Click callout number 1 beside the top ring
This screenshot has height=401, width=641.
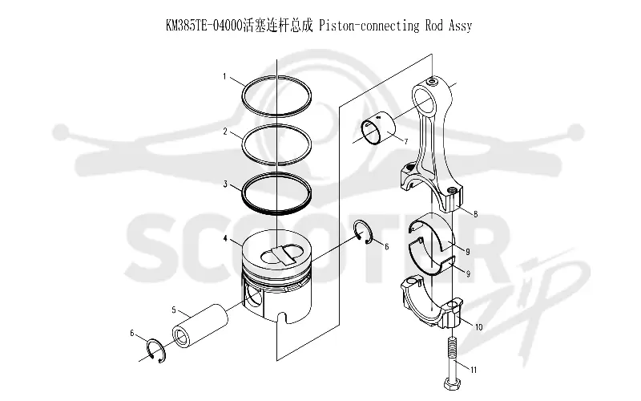pos(224,76)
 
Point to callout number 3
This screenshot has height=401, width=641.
pos(225,184)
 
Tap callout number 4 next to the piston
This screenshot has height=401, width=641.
pos(225,238)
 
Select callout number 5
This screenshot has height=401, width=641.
pos(174,310)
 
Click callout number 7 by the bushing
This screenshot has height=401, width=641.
pos(406,142)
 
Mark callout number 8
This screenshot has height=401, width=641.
pos(475,214)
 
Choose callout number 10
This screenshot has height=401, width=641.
pos(478,327)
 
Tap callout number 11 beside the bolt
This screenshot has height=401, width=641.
pos(474,371)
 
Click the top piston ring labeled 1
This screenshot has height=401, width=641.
pos(276,76)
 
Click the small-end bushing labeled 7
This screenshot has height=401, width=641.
pos(378,128)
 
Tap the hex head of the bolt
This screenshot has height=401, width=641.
pos(453,385)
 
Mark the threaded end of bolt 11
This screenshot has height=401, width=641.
pos(452,346)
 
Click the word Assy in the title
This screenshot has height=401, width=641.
pos(460,26)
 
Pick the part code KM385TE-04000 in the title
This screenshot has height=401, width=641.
pos(204,26)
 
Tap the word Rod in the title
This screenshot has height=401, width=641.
pos(434,26)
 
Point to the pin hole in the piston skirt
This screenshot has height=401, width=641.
pos(253,297)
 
